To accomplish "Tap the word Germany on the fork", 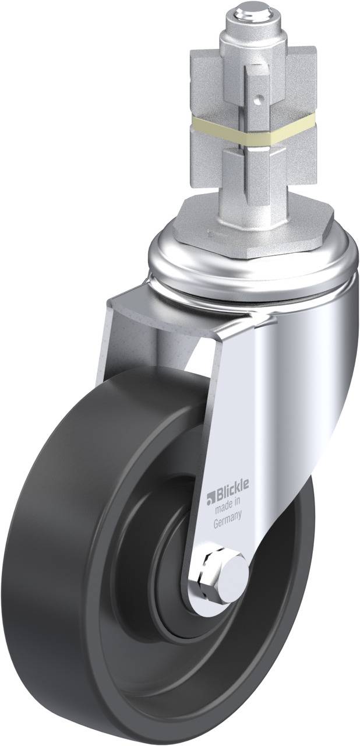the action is click(228, 523).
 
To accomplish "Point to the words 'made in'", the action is click(228, 509).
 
